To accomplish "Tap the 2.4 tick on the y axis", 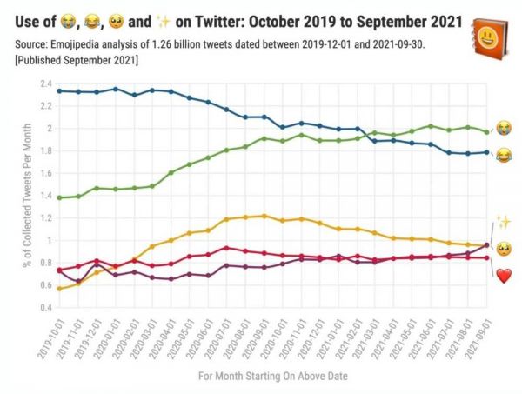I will coord(45,83).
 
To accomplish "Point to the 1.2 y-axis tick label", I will coord(45,217).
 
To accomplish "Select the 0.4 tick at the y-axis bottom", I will coord(45,307).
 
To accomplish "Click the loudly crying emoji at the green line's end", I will coord(504,129).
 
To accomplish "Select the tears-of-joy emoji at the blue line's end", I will coord(504,155).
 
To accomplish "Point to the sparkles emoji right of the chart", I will coord(503,223).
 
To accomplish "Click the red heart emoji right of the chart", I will coord(503,276).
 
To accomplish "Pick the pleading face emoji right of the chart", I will coord(503,250).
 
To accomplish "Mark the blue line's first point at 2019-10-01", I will coord(58,90).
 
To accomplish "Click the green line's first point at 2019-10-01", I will coord(58,197).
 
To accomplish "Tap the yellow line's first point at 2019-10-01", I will coord(58,288).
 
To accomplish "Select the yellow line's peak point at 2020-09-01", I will coord(264,216).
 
